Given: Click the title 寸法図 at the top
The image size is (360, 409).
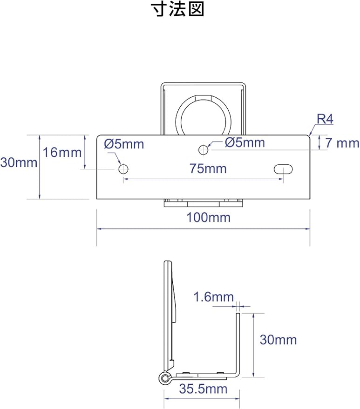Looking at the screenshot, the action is point(178,10).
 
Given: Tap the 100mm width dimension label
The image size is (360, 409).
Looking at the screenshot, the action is point(209,218).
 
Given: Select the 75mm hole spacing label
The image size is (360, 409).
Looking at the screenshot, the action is point(208,168).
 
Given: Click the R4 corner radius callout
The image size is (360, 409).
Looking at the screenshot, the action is point(325,119).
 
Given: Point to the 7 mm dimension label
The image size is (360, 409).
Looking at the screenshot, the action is point(342,143).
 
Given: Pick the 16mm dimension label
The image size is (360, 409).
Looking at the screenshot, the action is point(62,152).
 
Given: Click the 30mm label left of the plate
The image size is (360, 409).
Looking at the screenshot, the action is point(19,162).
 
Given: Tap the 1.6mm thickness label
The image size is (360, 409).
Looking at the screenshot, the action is point(214,297).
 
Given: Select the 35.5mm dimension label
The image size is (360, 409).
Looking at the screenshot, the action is point(203,389).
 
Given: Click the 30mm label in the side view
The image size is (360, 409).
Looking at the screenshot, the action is point(278,340).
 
